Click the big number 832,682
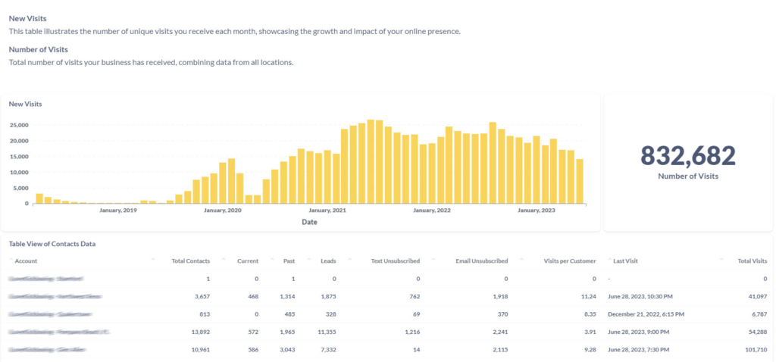tap(688, 156)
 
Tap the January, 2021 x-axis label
tap(328, 211)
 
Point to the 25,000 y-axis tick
tap(19, 125)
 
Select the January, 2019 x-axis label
tap(118, 211)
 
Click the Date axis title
tap(309, 222)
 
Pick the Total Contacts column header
tap(191, 261)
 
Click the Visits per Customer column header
tap(571, 261)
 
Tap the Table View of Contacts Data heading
tap(52, 244)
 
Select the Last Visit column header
tap(626, 261)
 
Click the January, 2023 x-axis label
tap(537, 211)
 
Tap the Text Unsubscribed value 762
tap(414, 297)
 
